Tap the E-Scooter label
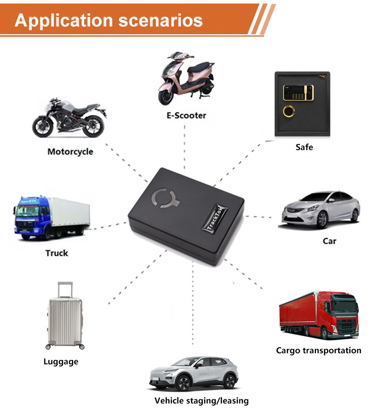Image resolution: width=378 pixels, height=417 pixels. point(186,115)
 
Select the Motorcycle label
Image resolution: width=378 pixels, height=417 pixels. point(70,152)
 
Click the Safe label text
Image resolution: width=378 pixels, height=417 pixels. point(304,147)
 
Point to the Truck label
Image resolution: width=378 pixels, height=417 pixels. point(56,253)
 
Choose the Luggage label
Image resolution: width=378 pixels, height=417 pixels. point(60,362)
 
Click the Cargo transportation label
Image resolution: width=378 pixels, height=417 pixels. point(319,351)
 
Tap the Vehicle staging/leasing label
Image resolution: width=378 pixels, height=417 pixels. point(202,401)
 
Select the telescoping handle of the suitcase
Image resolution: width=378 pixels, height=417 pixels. point(65,291)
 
